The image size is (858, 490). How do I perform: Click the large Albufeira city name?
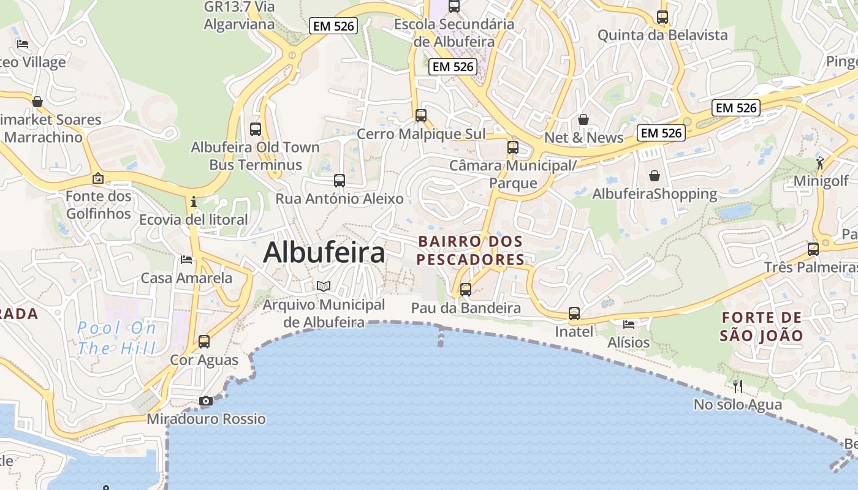tap(324, 253)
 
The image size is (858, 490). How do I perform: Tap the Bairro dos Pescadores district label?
tap(470, 251)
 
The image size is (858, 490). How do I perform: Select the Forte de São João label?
tap(761, 326)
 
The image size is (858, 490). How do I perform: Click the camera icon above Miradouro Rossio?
tap(206, 401)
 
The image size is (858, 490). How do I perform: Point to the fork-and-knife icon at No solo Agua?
tap(738, 386)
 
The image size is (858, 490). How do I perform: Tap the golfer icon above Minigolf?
tap(820, 163)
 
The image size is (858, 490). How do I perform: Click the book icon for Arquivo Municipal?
tap(324, 286)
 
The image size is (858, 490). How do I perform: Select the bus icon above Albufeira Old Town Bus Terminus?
tap(256, 129)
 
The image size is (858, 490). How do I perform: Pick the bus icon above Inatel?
tap(574, 314)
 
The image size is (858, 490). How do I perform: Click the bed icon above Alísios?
tap(629, 324)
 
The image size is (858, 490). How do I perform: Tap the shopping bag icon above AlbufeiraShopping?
tap(655, 176)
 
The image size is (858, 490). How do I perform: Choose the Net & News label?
tap(584, 138)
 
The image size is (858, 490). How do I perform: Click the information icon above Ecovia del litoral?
tap(194, 202)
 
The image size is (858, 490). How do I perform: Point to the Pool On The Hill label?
tap(116, 338)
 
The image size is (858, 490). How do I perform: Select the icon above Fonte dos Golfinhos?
tap(98, 178)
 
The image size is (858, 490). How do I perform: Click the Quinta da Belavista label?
tap(662, 35)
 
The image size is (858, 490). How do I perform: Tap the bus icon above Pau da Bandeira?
tap(466, 289)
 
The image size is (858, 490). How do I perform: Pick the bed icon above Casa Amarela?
tap(186, 260)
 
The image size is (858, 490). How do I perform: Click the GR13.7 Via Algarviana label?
tap(239, 16)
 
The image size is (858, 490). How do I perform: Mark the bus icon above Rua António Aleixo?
tap(340, 181)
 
